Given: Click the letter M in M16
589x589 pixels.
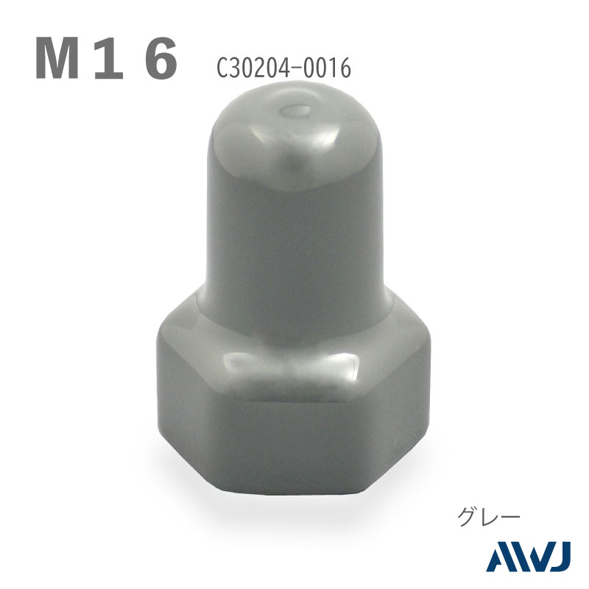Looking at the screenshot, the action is (57, 58).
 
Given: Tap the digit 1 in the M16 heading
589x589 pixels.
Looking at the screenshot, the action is (109, 58).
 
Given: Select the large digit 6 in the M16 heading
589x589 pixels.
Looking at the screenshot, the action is (161, 58).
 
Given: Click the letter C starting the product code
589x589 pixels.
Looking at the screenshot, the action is (223, 68).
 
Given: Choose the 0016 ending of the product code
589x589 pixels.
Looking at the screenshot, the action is (326, 68).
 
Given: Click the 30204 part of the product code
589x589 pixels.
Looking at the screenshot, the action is (259, 68).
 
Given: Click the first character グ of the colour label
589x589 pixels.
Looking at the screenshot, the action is (468, 517).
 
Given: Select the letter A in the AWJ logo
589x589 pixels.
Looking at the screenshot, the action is (500, 557).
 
